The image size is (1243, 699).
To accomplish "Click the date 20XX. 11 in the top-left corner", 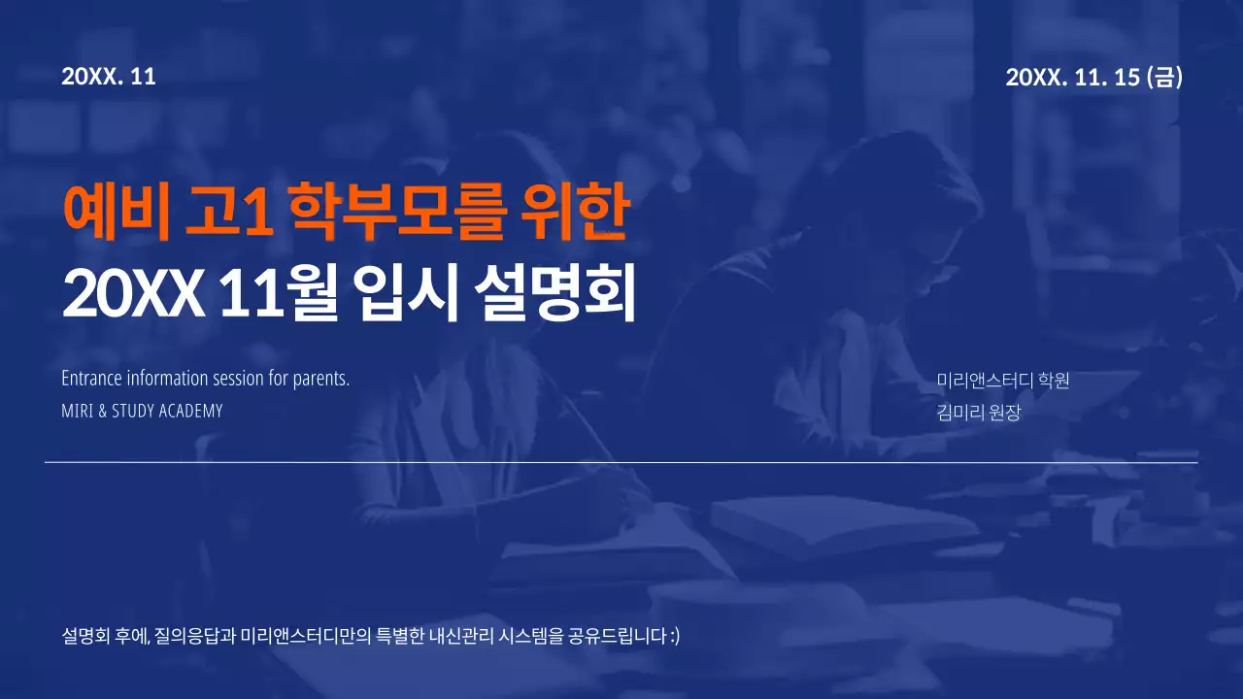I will [x=109, y=77].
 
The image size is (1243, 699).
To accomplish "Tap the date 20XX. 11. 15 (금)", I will [x=1093, y=78].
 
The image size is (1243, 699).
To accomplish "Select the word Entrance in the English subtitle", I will [x=91, y=379].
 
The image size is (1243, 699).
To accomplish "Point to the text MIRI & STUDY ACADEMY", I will [x=142, y=411].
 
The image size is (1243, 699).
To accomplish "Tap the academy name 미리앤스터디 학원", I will [x=1003, y=381].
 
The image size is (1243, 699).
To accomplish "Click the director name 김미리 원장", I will [x=979, y=413].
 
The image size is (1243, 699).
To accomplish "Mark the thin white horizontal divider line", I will [x=621, y=463].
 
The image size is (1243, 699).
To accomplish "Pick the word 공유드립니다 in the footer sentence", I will [x=618, y=637].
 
